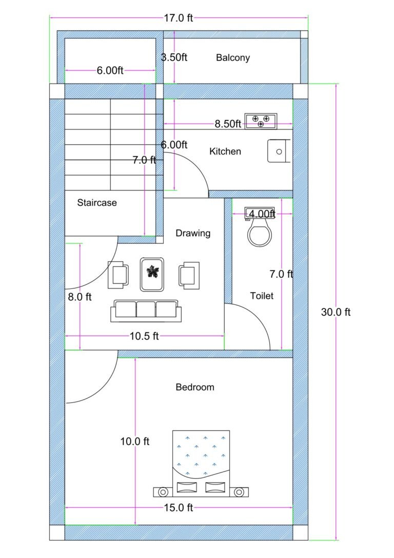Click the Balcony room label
coord(232,57)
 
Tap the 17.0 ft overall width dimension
coord(179,18)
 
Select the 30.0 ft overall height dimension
coord(336,312)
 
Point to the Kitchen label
coord(225,151)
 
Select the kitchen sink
coord(279,151)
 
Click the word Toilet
coord(262,296)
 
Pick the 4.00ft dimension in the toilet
coord(262,214)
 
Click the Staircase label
coord(97,203)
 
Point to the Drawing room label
coord(193,233)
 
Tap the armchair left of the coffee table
coord(119,275)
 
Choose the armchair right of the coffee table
coord(188,275)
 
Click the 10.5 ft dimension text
coord(144,336)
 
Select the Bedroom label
coord(195,387)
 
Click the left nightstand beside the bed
coord(163,492)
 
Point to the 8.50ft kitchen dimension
coord(228,124)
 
